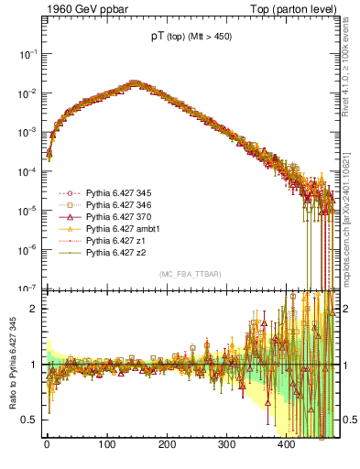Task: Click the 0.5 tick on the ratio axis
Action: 30,420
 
